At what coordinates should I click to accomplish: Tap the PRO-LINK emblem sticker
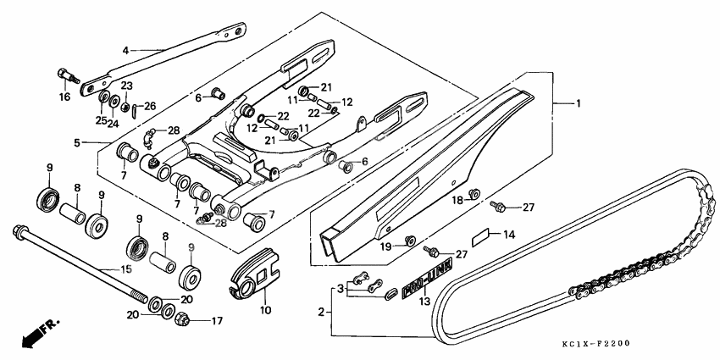(428, 278)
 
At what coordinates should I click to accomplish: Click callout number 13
(425, 301)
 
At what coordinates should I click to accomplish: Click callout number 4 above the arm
(125, 51)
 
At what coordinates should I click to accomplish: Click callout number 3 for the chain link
(342, 289)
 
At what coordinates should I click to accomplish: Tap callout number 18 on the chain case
(456, 200)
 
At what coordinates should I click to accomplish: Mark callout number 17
(216, 321)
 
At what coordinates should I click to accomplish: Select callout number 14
(509, 233)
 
